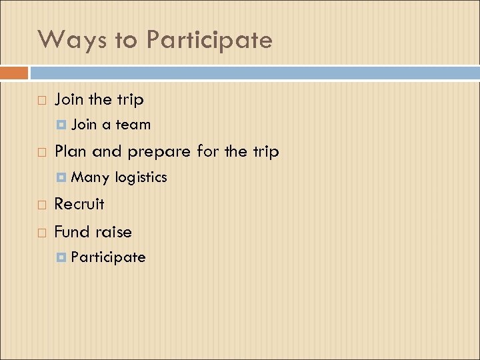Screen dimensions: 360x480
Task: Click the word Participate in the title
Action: tap(209, 41)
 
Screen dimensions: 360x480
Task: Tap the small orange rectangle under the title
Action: tap(14, 72)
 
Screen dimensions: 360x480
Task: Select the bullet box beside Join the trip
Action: tap(42, 101)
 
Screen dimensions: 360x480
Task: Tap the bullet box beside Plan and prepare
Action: tap(42, 153)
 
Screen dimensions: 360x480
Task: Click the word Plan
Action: tap(71, 151)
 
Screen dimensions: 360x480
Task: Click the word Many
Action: tap(90, 177)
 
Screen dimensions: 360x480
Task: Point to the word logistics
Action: tap(141, 177)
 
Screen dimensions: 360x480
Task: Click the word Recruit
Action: tap(79, 203)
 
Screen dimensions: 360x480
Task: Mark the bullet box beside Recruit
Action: tap(42, 205)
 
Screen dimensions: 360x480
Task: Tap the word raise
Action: tap(113, 232)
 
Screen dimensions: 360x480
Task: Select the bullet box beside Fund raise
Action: tap(42, 233)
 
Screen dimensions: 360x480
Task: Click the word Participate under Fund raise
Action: tap(108, 257)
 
